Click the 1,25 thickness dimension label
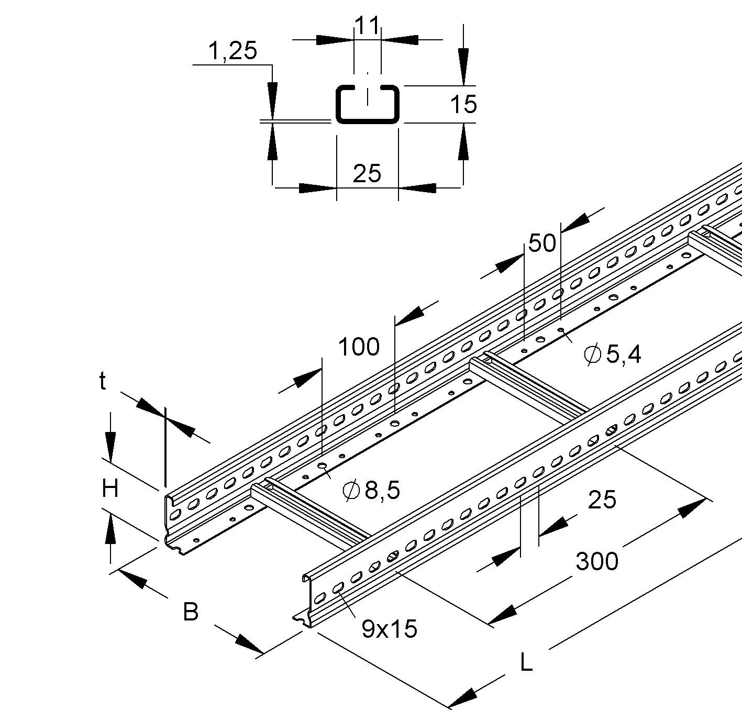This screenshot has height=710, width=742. point(232,51)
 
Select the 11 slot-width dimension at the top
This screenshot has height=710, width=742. point(367,25)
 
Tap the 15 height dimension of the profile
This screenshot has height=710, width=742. point(463,104)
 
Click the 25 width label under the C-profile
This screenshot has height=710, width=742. point(367,173)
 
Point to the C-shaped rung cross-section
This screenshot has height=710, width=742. point(367,104)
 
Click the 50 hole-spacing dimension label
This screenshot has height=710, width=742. point(542,243)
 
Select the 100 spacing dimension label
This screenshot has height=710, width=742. point(359,347)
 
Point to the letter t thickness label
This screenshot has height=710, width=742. point(103,382)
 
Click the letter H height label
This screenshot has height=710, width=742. point(110,490)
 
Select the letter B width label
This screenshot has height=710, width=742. point(191,612)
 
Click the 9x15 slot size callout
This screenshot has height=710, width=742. point(389,629)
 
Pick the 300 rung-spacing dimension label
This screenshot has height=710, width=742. point(597,561)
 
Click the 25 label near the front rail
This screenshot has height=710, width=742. point(602,500)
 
